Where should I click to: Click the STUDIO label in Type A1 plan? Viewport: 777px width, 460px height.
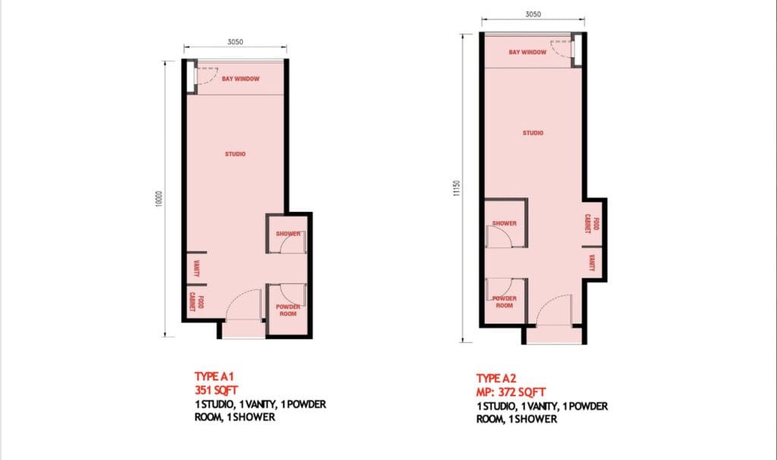pos(235,154)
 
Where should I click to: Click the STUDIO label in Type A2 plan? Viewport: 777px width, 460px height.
pos(533,133)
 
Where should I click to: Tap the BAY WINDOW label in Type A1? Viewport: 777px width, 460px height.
pos(241,79)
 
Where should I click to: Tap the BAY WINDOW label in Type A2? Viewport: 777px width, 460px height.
pos(527,52)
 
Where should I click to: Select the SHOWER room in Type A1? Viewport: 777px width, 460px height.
pos(288,235)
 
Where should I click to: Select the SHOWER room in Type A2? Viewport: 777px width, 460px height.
pos(505,224)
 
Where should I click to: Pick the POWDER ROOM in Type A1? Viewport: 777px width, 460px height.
pos(288,310)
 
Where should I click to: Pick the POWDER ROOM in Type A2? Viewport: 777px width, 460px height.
pos(505,302)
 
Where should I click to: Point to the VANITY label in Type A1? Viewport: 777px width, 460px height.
pos(197,267)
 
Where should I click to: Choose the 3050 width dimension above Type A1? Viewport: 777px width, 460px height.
pos(234,43)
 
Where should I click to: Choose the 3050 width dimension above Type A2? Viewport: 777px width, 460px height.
pos(533,14)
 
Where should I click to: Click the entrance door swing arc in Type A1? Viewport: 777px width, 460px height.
pos(241,300)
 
